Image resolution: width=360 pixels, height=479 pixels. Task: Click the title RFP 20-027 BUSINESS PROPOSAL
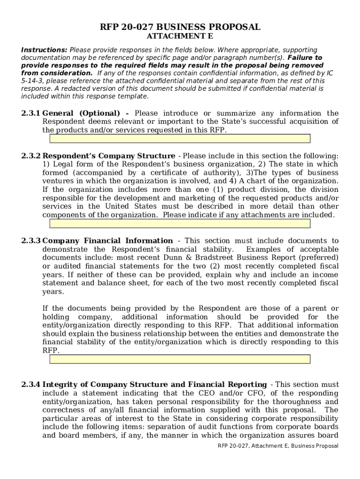point(180,27)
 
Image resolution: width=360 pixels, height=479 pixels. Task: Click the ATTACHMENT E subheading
point(180,37)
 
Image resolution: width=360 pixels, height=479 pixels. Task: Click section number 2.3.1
point(31,113)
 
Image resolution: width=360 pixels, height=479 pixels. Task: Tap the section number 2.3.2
point(31,156)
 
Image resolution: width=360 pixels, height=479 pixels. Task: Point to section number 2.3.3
point(31,241)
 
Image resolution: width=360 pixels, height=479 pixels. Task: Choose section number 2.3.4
point(31,385)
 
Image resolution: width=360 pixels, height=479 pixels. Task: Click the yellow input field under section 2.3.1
point(180,138)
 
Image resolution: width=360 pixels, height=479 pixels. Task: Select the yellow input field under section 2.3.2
point(180,224)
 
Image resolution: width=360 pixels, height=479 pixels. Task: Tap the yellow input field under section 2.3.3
point(180,359)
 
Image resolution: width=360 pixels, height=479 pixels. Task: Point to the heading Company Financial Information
point(108,241)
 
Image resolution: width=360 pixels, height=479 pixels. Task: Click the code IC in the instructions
point(330,73)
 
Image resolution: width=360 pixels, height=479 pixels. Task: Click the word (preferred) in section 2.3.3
point(317,258)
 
